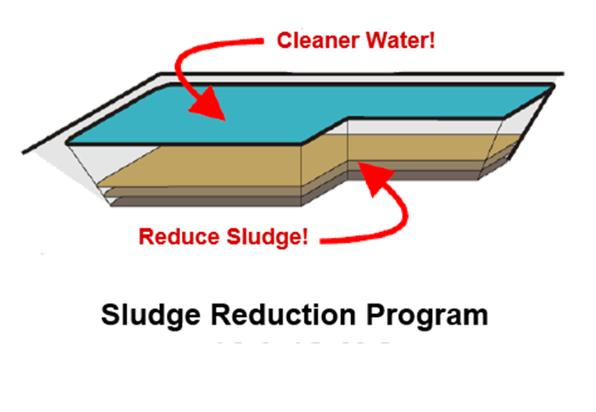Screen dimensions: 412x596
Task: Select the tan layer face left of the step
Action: click(x=207, y=168)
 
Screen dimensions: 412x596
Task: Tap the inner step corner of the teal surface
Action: click(x=347, y=119)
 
